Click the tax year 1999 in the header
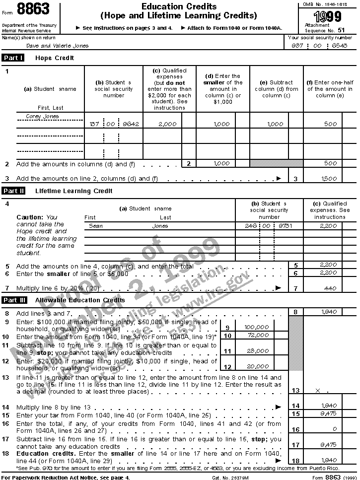tap(330, 17)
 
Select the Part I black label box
tap(13, 58)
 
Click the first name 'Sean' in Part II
tap(95, 226)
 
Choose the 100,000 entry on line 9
tap(256, 328)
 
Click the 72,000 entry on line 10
tap(256, 336)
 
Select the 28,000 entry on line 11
tap(256, 351)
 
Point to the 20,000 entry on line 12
tap(256, 367)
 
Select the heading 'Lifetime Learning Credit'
tap(74, 191)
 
